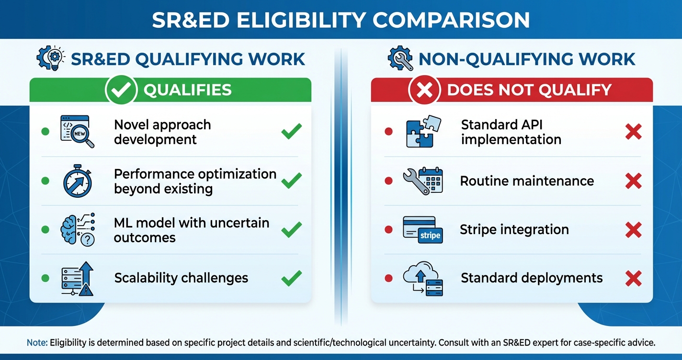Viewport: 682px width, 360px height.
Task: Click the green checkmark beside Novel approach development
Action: tap(291, 131)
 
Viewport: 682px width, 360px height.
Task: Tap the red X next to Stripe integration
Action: tap(633, 230)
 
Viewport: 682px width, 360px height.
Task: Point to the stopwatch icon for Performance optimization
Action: tap(77, 181)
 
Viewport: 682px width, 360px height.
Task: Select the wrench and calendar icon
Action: tap(422, 181)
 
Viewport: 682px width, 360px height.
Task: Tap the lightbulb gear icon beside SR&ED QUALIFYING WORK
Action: tap(49, 58)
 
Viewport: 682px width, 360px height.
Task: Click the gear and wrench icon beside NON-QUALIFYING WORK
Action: tap(400, 58)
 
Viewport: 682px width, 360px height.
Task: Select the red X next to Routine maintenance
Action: tap(633, 181)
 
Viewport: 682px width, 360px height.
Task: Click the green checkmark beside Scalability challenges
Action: tap(291, 278)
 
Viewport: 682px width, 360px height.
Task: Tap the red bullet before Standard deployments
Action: tap(389, 278)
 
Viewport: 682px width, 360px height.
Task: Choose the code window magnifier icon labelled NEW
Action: tap(77, 131)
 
